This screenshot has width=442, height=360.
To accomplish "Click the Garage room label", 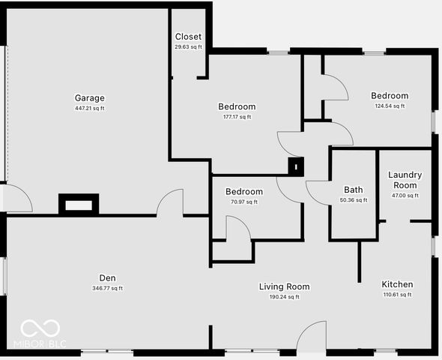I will [x=89, y=98].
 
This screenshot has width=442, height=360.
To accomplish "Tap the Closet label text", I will [x=188, y=37].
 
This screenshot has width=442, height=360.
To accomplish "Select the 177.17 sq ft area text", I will [x=237, y=116].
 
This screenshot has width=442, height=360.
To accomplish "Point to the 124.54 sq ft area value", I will [x=390, y=106].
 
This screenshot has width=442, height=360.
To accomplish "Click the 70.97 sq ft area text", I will [x=244, y=201].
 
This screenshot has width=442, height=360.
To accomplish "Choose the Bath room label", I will [x=353, y=190].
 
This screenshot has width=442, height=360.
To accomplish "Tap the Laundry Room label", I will [x=405, y=180].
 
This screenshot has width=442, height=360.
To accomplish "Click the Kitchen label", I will [x=397, y=285].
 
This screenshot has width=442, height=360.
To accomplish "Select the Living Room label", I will [x=284, y=286].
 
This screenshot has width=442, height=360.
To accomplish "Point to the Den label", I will [x=107, y=277].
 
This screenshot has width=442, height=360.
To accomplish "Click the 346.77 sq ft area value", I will [x=107, y=288].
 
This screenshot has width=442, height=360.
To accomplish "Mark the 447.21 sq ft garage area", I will [x=89, y=109].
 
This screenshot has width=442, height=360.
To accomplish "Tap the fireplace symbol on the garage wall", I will [x=78, y=204].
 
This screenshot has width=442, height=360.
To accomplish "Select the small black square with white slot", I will [x=296, y=166].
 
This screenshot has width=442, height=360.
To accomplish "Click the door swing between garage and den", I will [x=171, y=202].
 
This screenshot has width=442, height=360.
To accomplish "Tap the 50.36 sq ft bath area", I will [x=353, y=200].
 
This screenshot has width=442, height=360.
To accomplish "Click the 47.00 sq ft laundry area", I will [x=405, y=195].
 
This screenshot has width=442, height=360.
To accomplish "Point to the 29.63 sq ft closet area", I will [x=188, y=46].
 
